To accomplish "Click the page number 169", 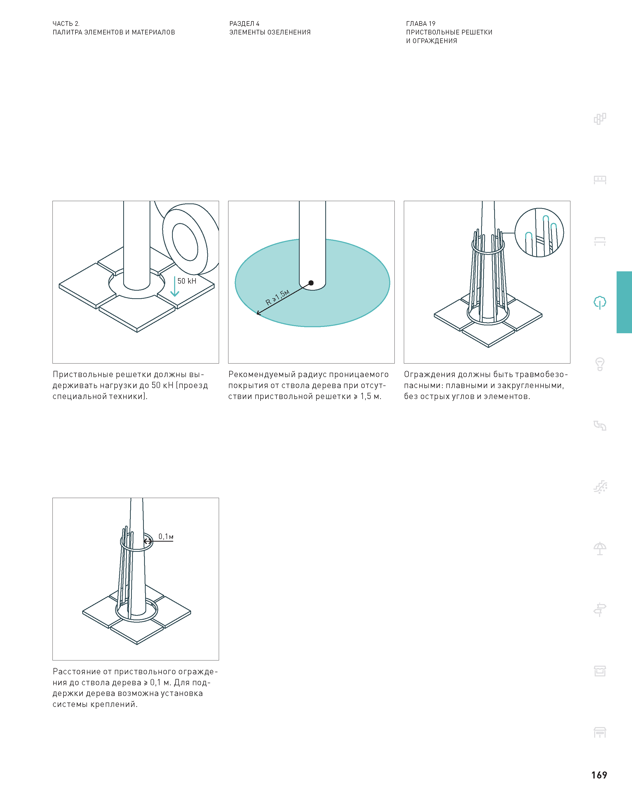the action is [599, 775].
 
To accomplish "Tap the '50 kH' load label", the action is [187, 281].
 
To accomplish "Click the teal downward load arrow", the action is [175, 286].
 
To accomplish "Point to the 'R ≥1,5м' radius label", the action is [277, 297].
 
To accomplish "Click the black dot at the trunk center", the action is [311, 283].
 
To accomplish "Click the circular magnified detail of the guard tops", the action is [539, 232].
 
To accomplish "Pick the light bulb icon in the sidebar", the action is [600, 364].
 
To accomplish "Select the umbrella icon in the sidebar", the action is [600, 548].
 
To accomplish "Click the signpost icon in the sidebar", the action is [600, 610].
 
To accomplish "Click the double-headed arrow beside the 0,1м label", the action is [148, 541].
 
